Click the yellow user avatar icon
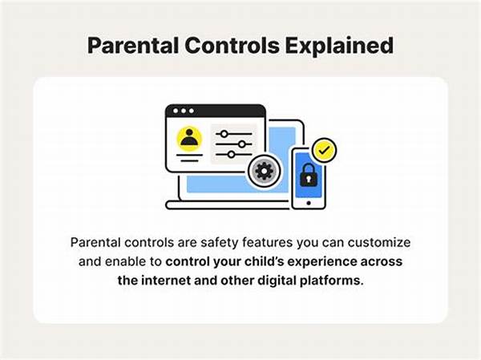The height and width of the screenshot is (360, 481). click(x=189, y=140)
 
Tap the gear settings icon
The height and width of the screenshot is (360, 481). click(x=261, y=172)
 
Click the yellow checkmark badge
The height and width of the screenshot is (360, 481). click(x=325, y=149)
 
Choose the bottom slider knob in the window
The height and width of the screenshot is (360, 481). click(x=232, y=154)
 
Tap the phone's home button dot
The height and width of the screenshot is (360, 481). click(x=307, y=202)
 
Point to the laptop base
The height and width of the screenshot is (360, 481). click(x=232, y=205)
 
